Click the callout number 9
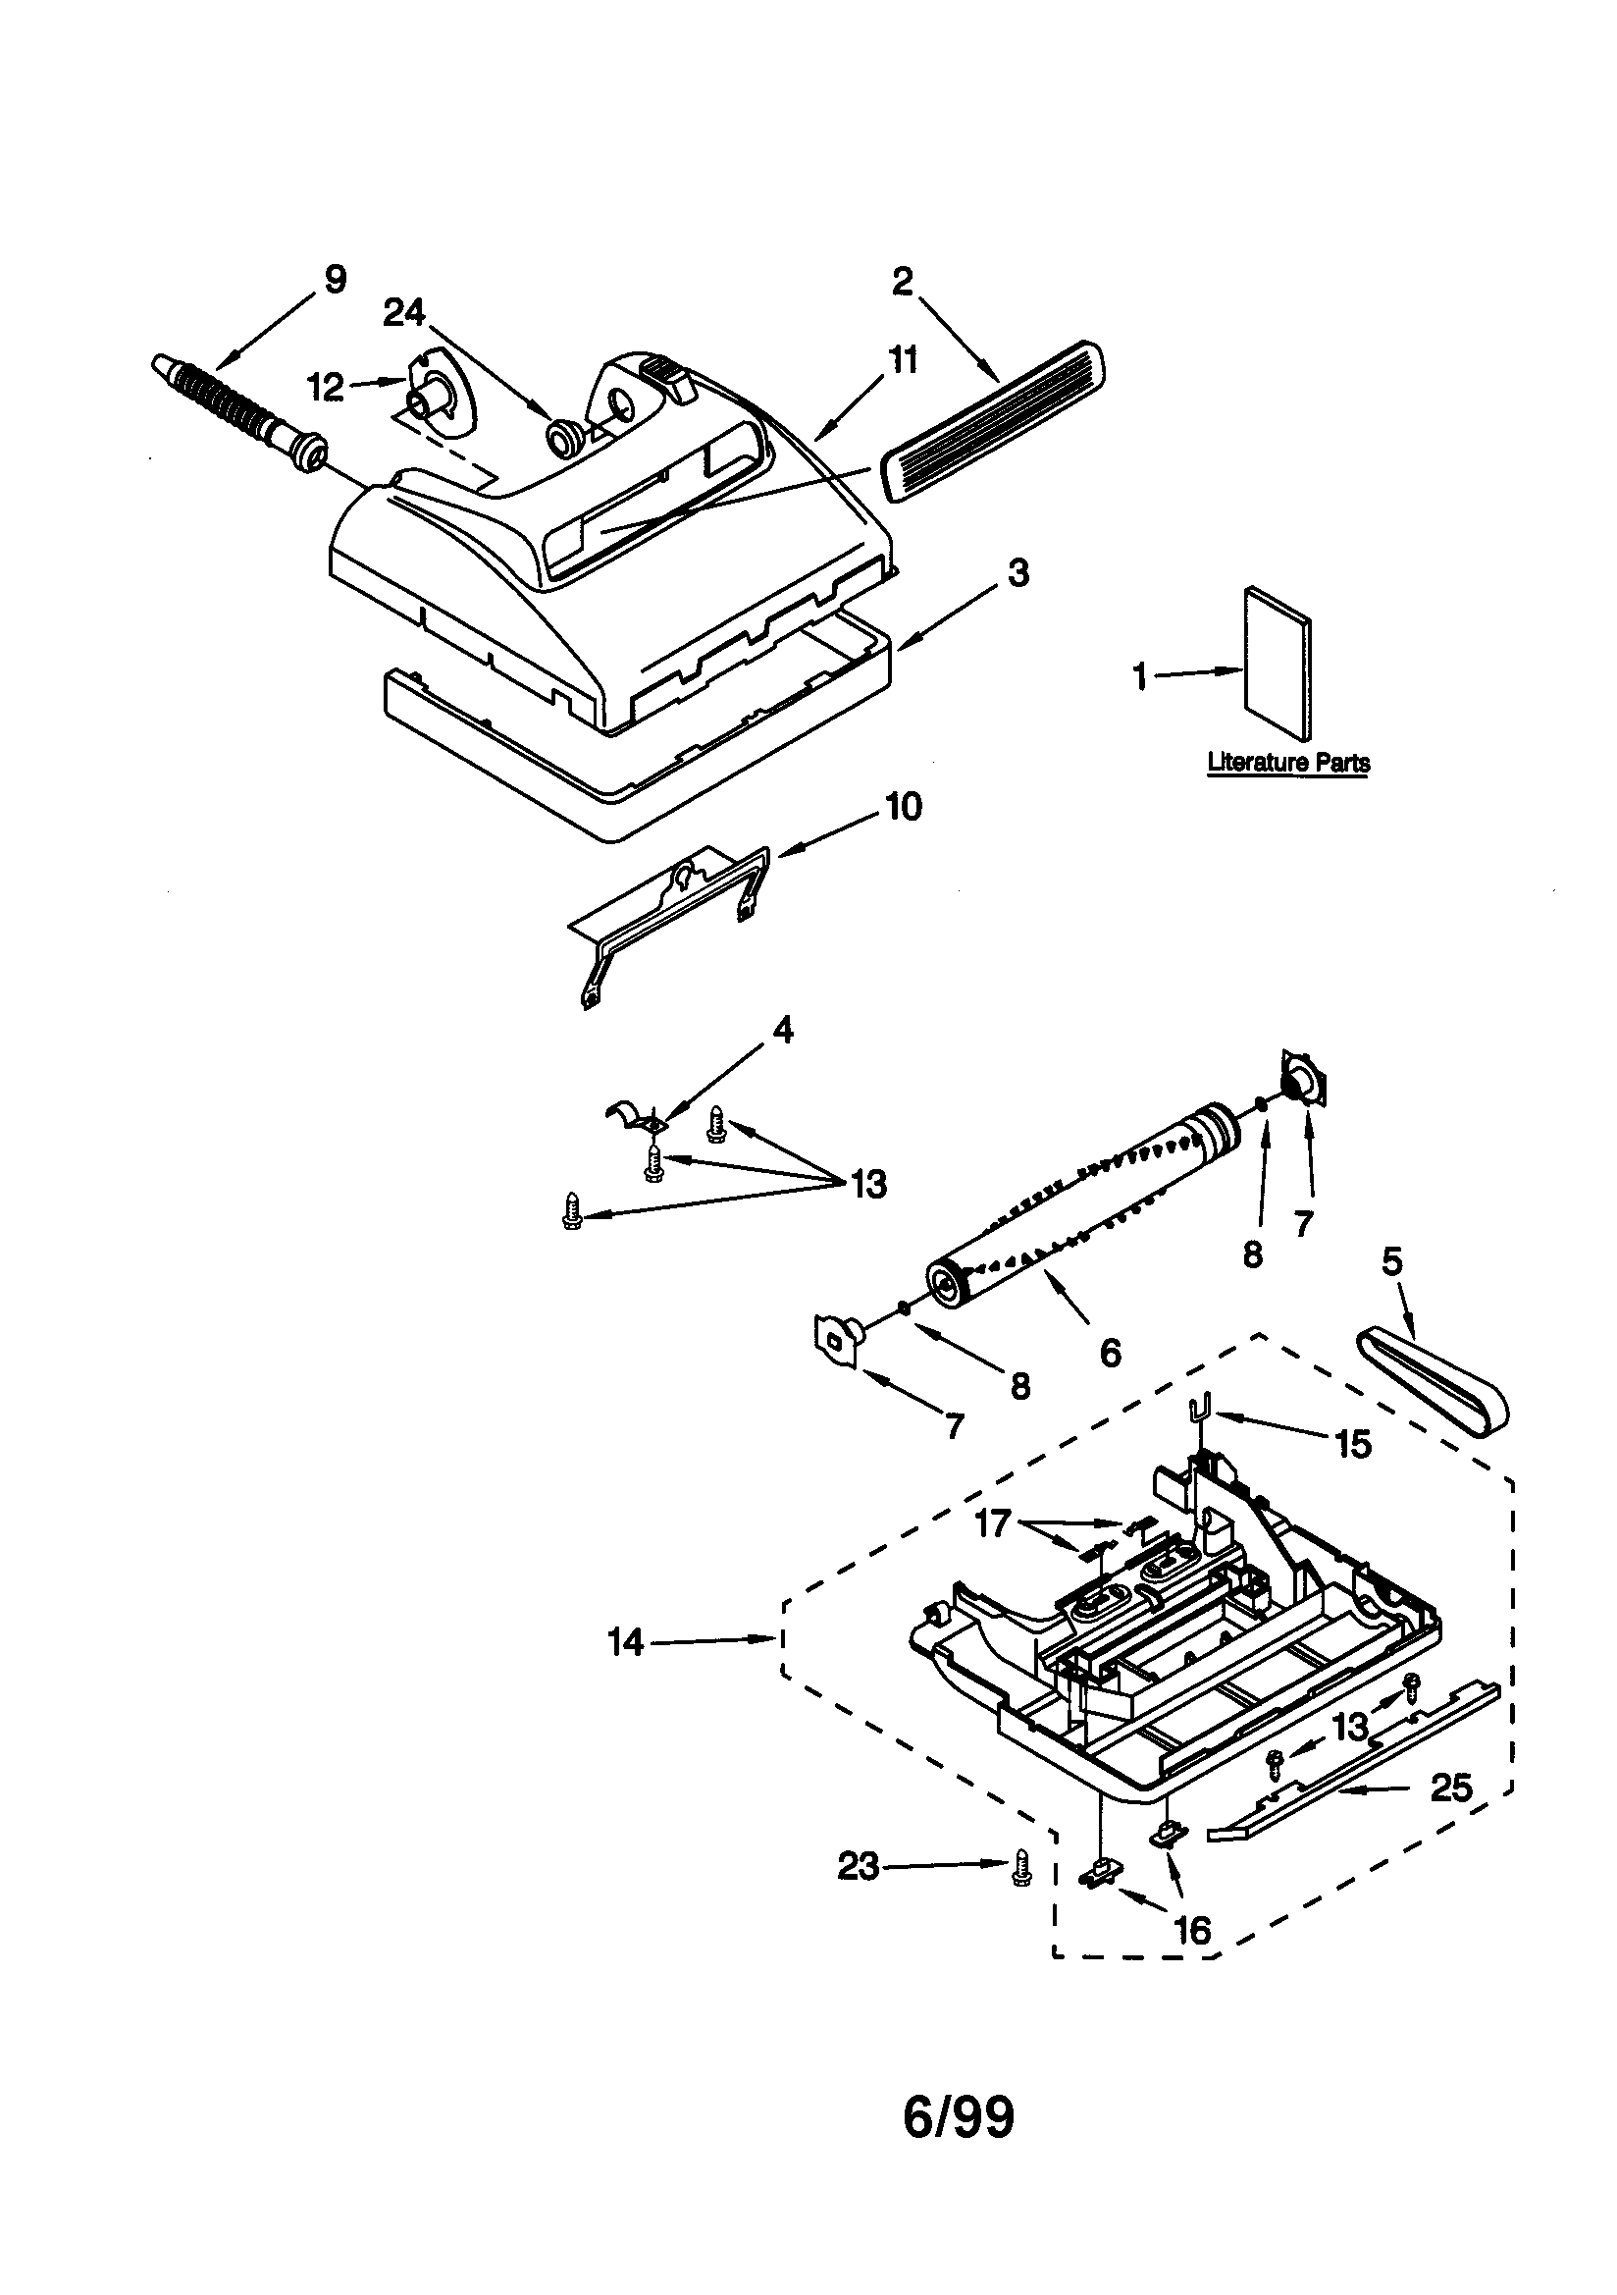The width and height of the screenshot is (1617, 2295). (x=335, y=279)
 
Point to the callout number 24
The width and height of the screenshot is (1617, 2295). (x=403, y=314)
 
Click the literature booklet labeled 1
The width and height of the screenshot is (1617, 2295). (x=1278, y=664)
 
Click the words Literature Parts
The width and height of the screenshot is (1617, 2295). (x=1288, y=762)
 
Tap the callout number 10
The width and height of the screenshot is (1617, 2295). (x=904, y=807)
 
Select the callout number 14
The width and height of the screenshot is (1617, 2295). (x=626, y=1642)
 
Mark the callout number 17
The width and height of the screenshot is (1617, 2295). (x=992, y=1524)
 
